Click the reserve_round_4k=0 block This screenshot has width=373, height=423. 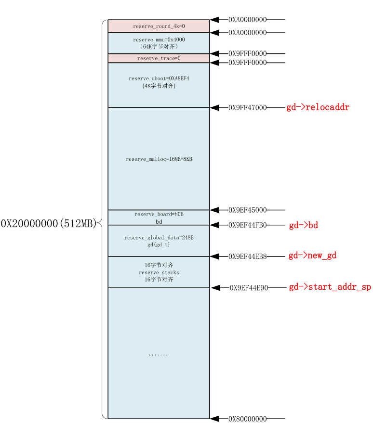159,26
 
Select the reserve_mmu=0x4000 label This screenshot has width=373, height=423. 159,39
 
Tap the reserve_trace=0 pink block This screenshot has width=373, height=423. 159,58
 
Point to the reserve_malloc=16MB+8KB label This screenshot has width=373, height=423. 159,159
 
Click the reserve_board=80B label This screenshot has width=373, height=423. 159,214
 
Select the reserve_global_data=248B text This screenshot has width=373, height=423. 159,238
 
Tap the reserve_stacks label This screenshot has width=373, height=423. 159,272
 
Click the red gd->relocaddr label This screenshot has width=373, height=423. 318,107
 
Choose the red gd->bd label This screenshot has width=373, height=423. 303,225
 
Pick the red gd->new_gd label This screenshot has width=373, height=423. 312,256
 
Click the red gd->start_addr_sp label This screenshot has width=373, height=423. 330,287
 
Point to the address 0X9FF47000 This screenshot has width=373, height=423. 247,108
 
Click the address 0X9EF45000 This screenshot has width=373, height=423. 247,210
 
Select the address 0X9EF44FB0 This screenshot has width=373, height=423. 247,225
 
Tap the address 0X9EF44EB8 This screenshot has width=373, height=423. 247,256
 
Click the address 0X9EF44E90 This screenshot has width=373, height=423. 249,288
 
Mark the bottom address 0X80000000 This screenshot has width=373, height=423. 247,419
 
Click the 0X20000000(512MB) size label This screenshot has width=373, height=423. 49,223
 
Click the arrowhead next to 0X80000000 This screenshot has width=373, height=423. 215,419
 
